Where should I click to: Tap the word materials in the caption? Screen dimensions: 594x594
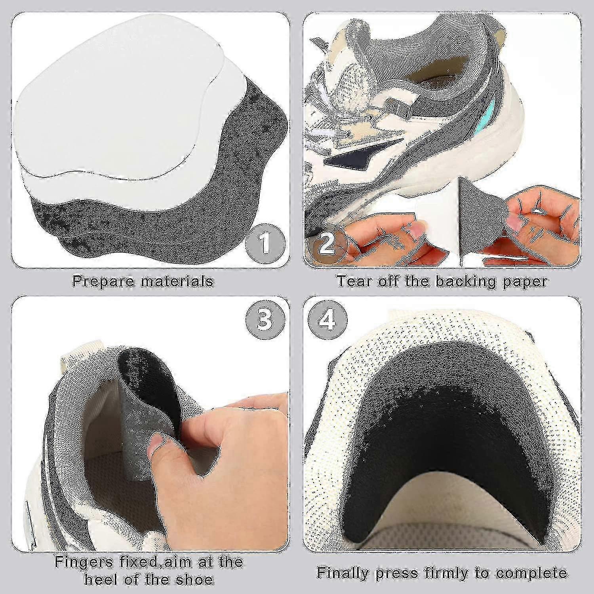click(178, 282)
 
